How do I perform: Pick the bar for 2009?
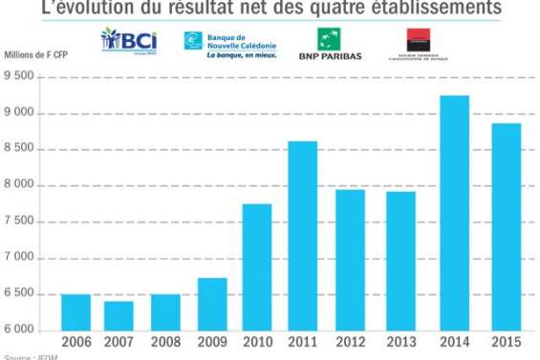[x=211, y=304]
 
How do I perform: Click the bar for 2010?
[x=256, y=267]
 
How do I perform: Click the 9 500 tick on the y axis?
[x=21, y=78]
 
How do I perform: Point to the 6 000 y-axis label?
[x=21, y=330]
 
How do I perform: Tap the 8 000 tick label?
[x=21, y=186]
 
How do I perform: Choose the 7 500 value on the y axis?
[x=21, y=222]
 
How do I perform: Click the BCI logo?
[x=129, y=44]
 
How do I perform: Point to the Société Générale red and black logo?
[x=419, y=44]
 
